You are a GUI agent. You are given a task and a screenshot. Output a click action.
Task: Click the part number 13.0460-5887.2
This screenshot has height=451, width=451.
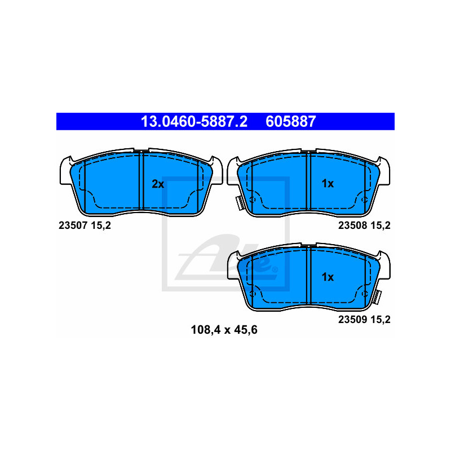click(x=194, y=121)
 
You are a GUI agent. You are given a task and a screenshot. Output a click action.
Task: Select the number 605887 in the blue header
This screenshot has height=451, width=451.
click(x=291, y=121)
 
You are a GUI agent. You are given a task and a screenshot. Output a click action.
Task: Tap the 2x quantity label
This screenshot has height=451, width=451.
click(x=158, y=184)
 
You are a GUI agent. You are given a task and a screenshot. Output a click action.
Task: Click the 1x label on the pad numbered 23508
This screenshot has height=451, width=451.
click(x=328, y=184)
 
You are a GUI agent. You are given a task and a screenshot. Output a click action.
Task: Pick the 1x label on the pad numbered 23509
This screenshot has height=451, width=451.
click(x=328, y=277)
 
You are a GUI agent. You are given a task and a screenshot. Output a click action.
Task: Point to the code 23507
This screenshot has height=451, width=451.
click(x=73, y=225)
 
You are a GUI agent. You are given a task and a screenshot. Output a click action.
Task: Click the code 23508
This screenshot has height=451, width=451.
click(x=353, y=225)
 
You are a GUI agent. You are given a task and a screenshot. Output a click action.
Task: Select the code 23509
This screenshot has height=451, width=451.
click(x=353, y=320)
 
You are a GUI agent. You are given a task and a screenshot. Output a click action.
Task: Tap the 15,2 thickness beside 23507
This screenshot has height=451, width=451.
click(x=101, y=225)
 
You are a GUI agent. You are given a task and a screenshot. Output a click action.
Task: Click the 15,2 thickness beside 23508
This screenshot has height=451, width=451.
click(x=381, y=225)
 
